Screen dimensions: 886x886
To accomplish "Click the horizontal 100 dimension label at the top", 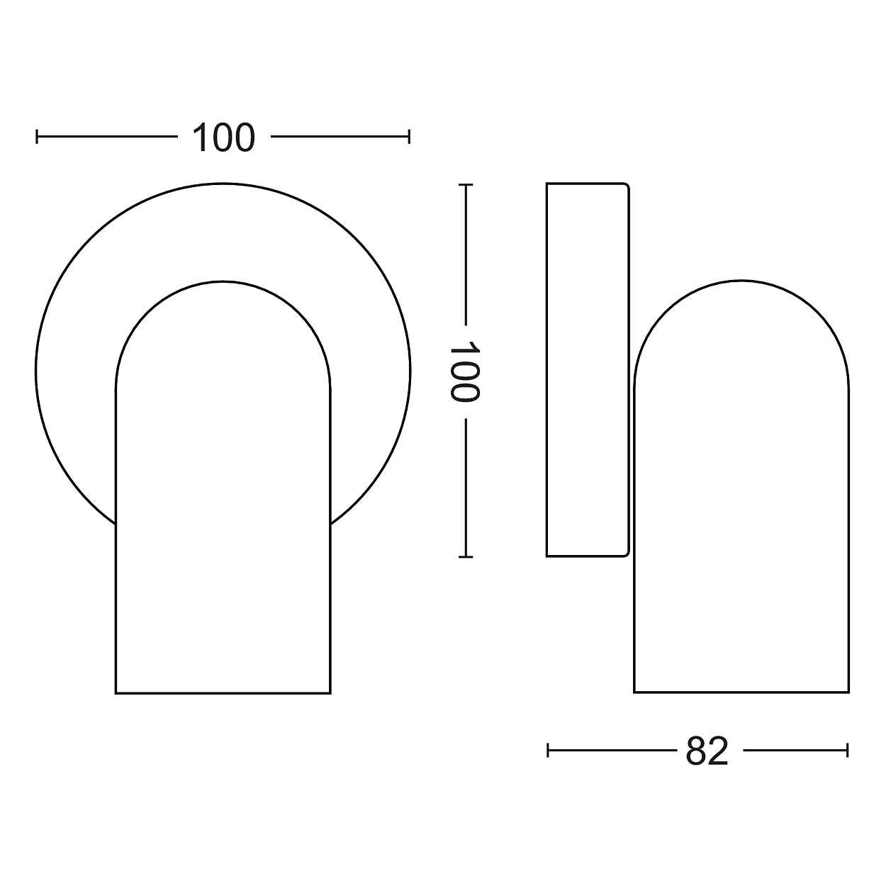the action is tap(223, 138).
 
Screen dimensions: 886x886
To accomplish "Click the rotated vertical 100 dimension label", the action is tap(464, 371).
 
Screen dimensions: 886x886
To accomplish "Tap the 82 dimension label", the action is tap(707, 751).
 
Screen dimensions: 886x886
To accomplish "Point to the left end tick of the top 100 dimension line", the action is tap(37, 137).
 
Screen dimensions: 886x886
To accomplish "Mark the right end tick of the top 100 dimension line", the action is tap(409, 137).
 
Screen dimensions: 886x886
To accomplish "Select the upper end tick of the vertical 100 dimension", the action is tap(466, 184).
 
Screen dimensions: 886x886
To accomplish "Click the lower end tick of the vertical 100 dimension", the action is tap(466, 557).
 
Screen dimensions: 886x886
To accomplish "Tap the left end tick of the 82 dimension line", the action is tap(548, 751).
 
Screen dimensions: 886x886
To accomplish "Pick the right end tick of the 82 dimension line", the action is tap(848, 751).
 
